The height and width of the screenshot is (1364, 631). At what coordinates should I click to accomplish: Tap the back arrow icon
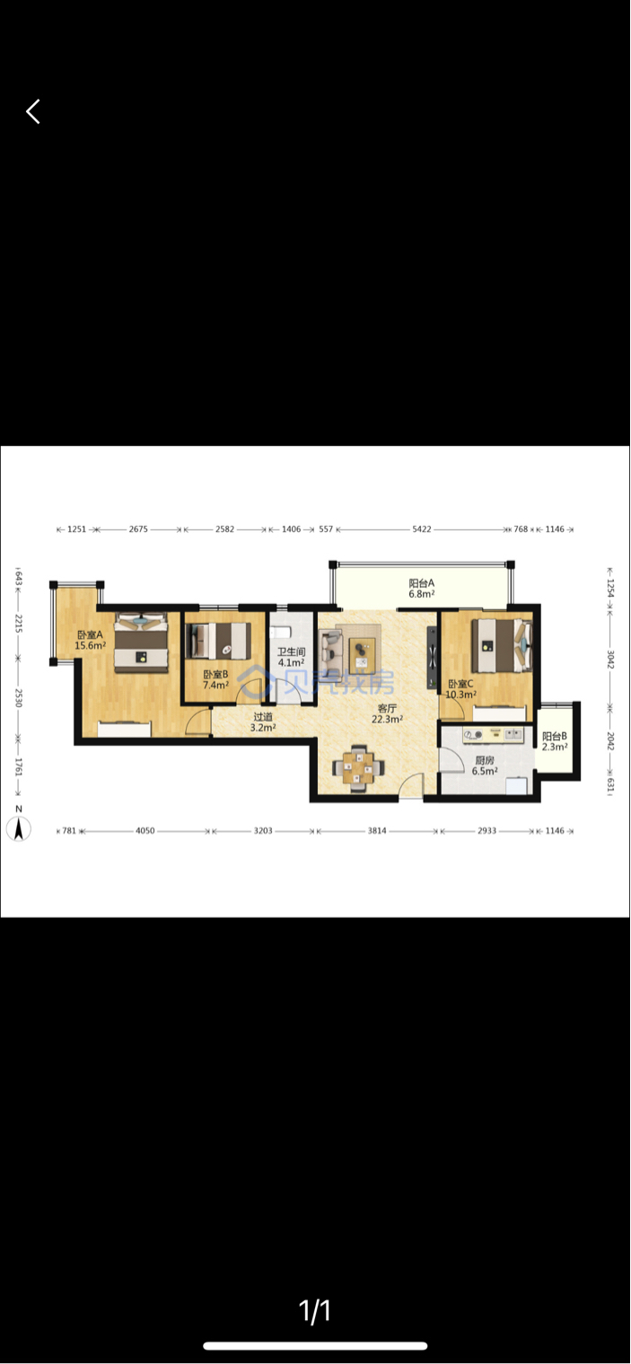coord(33,111)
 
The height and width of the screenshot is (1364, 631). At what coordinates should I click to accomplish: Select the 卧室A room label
coord(90,634)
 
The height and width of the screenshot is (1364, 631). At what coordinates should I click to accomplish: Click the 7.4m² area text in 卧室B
coord(215,685)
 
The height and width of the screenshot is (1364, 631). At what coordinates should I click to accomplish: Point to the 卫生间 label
coord(291,651)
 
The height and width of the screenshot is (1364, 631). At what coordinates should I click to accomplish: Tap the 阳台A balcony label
coord(422,582)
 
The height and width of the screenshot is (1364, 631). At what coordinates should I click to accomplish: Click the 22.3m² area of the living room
coord(388,719)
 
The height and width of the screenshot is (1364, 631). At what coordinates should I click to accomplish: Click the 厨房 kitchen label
coord(485,760)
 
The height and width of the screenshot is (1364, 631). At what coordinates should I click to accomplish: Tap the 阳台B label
coord(555,736)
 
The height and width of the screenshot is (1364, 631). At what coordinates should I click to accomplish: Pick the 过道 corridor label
coord(263,717)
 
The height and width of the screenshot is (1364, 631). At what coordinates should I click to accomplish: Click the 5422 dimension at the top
coord(422,529)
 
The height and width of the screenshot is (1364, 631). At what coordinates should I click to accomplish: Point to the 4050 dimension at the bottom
coord(145,831)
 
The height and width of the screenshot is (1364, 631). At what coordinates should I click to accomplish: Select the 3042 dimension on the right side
coord(610,660)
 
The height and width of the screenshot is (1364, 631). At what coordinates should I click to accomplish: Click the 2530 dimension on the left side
coord(18,698)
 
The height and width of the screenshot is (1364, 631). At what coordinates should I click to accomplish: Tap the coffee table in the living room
coord(363,655)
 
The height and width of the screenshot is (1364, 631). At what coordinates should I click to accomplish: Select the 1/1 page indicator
coord(315,1311)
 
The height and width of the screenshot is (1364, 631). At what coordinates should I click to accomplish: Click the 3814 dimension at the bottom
coord(377,831)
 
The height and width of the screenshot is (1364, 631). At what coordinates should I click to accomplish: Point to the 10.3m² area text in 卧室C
coord(461,695)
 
